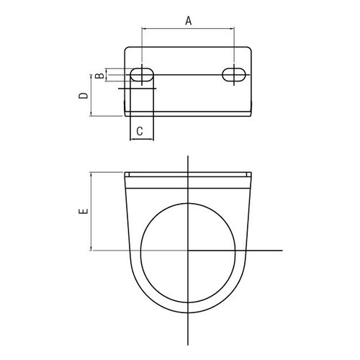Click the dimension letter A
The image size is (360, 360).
[189, 21]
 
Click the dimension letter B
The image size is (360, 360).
[99, 76]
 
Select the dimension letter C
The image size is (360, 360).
[140, 131]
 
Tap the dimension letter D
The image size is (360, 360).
[84, 96]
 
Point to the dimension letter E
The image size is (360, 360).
[84, 211]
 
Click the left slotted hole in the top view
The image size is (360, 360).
[142, 75]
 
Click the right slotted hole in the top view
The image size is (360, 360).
[234, 75]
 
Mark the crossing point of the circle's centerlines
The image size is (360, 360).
[188, 251]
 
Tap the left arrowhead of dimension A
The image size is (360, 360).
[143, 29]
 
